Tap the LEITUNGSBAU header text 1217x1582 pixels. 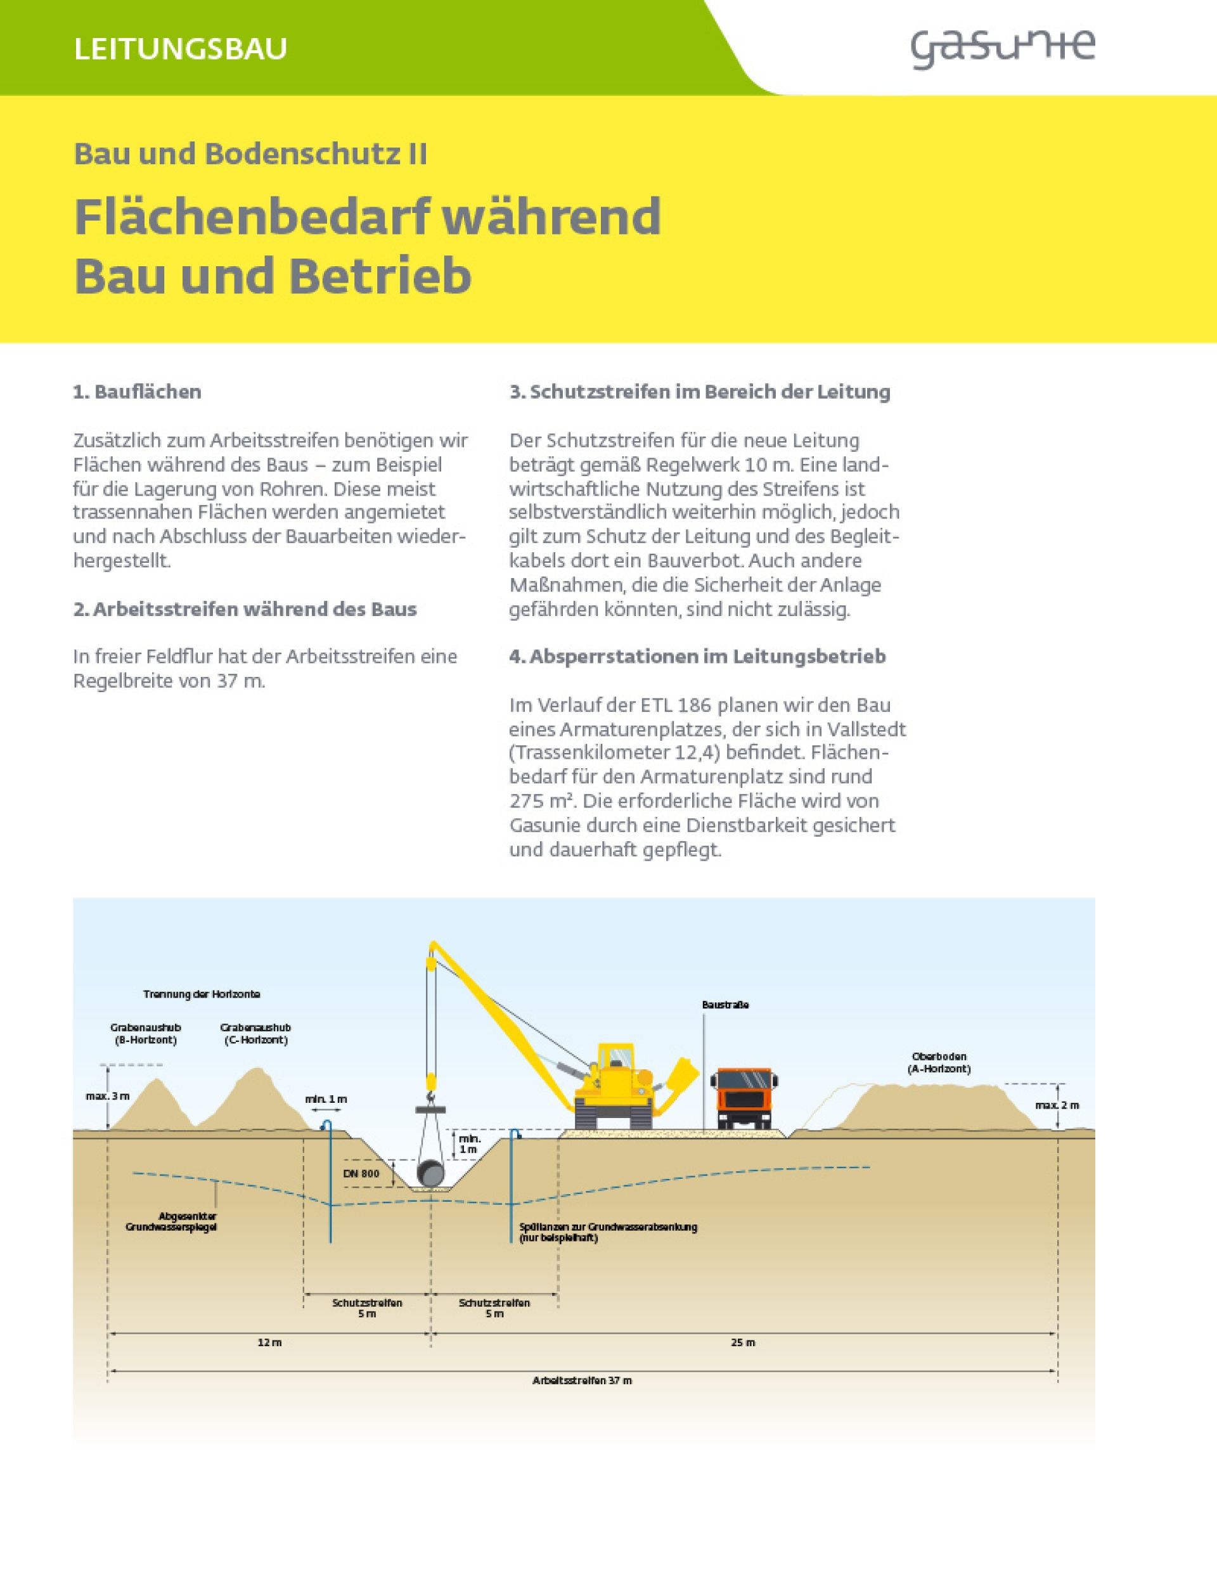coord(181,49)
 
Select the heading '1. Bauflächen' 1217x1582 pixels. coord(137,392)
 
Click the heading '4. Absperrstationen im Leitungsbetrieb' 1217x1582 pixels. coord(697,656)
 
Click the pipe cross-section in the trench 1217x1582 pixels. coord(432,1173)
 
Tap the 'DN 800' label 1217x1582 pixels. coord(361,1173)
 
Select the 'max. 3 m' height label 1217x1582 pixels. coord(107,1096)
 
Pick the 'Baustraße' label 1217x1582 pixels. coord(725,1005)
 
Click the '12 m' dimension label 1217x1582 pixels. coord(269,1342)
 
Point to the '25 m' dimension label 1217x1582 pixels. coord(742,1342)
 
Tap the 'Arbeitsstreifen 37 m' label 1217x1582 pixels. coord(582,1380)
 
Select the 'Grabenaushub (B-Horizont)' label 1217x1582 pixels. coord(146,1034)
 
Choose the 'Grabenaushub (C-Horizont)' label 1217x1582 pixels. coord(255,1034)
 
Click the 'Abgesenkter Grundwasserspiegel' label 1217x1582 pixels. coord(172,1221)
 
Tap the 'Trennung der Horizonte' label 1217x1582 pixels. coord(202,994)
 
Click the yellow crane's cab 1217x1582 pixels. coord(615,1060)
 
